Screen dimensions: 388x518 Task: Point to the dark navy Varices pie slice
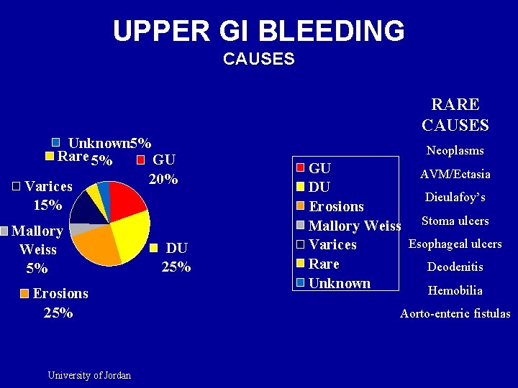point(86,207)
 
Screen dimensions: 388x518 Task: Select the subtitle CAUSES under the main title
point(259,59)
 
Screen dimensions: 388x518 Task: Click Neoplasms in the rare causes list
point(455,150)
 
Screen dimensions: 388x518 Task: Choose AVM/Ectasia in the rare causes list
point(455,174)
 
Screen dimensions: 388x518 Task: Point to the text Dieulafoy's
point(455,197)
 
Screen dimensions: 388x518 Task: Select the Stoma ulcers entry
point(455,221)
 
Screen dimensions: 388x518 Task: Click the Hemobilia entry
point(455,290)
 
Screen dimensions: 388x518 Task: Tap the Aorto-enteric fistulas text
point(455,313)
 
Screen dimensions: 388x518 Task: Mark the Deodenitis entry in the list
point(455,267)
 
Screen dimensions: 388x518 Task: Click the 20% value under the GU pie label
point(163,179)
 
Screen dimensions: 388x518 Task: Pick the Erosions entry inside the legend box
point(336,206)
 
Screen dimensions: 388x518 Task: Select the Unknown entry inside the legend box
point(339,283)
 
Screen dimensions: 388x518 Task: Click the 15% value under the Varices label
point(47,205)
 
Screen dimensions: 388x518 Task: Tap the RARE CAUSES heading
point(455,115)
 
